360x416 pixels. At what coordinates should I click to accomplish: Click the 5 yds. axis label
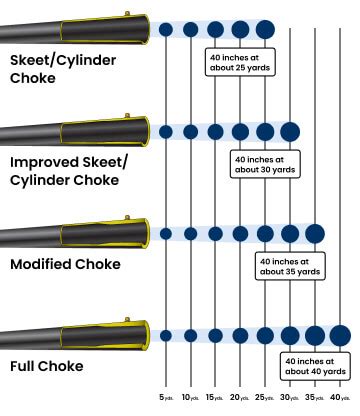[x=166, y=397]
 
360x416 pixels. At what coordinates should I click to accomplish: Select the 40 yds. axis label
[x=341, y=397]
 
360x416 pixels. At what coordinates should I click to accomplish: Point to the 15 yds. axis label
[x=215, y=397]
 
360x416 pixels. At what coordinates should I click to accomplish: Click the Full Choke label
[x=47, y=367]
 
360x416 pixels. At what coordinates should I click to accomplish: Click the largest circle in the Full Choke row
[x=340, y=335]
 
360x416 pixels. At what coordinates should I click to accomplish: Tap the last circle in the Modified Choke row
[x=315, y=233]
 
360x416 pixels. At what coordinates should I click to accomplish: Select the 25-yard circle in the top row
[x=265, y=29]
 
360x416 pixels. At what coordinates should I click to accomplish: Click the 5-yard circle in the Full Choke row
[x=166, y=335]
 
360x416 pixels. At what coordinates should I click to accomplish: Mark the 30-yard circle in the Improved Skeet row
[x=290, y=131]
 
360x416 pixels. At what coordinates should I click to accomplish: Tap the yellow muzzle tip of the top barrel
[x=143, y=29]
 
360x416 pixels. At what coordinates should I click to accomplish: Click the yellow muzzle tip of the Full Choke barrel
[x=143, y=335]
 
